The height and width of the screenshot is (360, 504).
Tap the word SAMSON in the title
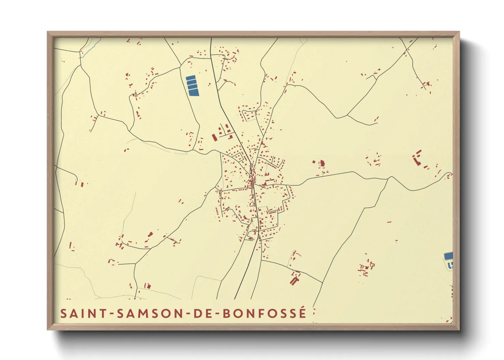click(149, 313)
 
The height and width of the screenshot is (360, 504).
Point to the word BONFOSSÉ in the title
click(265, 313)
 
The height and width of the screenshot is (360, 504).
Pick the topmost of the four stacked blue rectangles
click(191, 78)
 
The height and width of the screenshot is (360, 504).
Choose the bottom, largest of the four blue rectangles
click(193, 92)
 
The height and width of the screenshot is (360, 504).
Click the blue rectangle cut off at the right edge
click(449, 256)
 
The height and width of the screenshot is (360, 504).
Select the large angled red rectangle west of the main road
click(214, 137)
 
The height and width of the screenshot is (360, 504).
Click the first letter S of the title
click(63, 313)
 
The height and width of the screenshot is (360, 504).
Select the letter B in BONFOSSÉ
click(227, 313)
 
